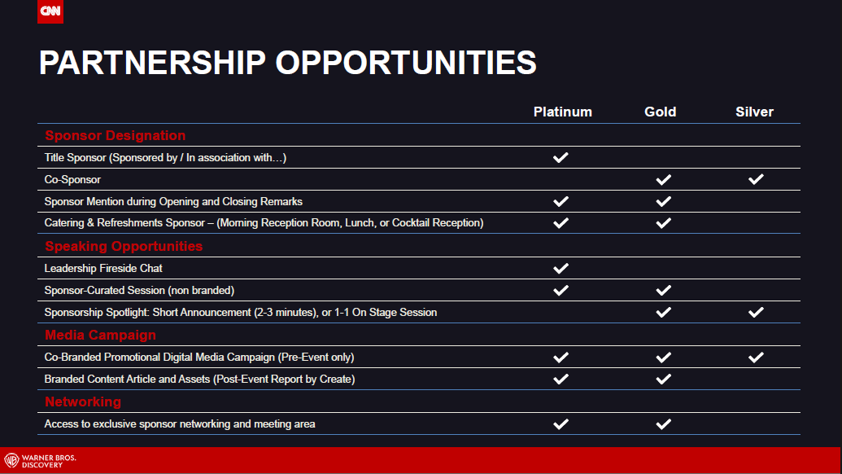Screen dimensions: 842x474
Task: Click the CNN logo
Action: pyautogui.click(x=50, y=11)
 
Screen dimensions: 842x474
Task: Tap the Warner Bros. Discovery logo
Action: pyautogui.click(x=41, y=461)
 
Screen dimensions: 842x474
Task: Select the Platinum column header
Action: pyautogui.click(x=563, y=112)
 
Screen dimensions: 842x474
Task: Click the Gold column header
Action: pyautogui.click(x=660, y=112)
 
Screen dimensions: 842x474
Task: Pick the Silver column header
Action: pyautogui.click(x=754, y=112)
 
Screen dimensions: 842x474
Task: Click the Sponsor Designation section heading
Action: pyautogui.click(x=116, y=135)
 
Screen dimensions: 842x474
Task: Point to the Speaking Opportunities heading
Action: pyautogui.click(x=124, y=246)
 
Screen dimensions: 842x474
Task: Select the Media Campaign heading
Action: pyautogui.click(x=100, y=335)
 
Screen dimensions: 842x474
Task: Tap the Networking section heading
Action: pyautogui.click(x=83, y=402)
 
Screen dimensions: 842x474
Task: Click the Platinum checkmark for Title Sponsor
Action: pyautogui.click(x=561, y=157)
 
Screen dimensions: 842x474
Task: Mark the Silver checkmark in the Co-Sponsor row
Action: pyautogui.click(x=756, y=179)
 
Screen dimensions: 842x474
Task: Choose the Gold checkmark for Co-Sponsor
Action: pyautogui.click(x=664, y=179)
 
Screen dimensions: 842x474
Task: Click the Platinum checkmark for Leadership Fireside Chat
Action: pyautogui.click(x=561, y=268)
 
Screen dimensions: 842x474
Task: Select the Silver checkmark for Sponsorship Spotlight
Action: pyautogui.click(x=756, y=312)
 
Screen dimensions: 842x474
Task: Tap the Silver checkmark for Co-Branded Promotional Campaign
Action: pyautogui.click(x=756, y=358)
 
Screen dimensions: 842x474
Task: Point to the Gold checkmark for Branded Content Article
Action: pyautogui.click(x=664, y=380)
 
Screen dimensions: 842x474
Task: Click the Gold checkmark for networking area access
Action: pyautogui.click(x=664, y=424)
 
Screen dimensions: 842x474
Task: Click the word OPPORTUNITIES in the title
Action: pyautogui.click(x=406, y=63)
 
